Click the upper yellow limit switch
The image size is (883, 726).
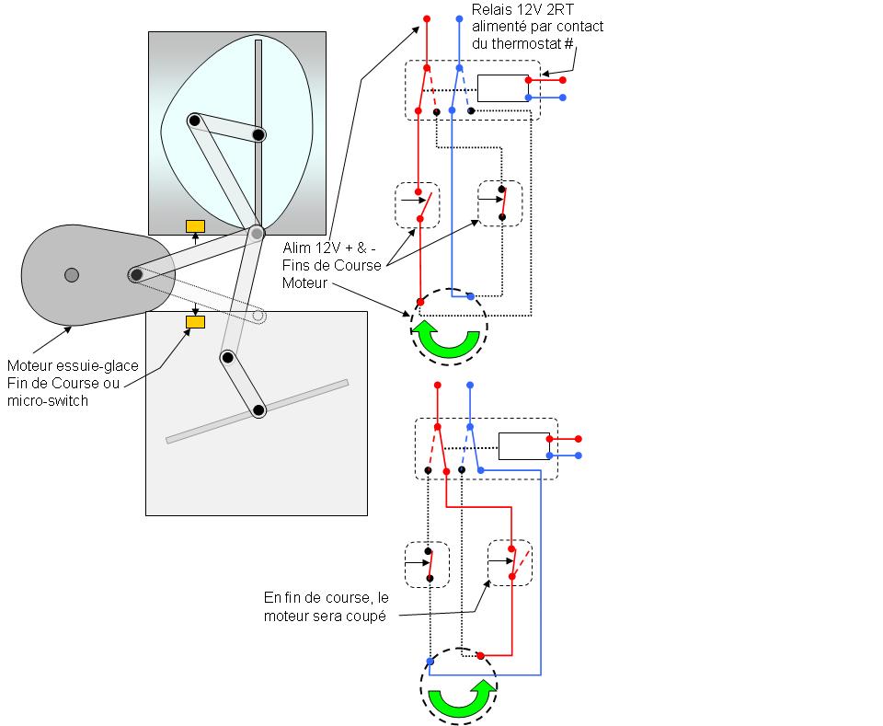coord(195,226)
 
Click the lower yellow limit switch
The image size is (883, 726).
coord(195,322)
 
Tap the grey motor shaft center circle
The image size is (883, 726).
coord(72,275)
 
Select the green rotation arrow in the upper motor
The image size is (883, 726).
coord(449,339)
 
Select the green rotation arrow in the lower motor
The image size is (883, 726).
coord(462,697)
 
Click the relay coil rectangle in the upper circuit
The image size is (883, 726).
coord(503,88)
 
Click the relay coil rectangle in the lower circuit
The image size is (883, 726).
coord(524,446)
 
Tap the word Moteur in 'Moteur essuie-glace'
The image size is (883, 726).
coord(29,365)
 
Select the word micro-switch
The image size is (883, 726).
coord(48,401)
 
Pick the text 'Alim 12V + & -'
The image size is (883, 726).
coord(329,248)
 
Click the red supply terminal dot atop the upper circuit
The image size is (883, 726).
coord(427,18)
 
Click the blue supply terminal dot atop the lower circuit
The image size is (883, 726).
coord(470,386)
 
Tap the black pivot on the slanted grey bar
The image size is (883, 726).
coord(258,410)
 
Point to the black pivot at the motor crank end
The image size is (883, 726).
coord(136,275)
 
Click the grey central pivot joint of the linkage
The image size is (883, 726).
coord(257,233)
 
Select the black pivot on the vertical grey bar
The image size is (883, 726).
coord(258,134)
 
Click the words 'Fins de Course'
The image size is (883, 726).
coord(332,265)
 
